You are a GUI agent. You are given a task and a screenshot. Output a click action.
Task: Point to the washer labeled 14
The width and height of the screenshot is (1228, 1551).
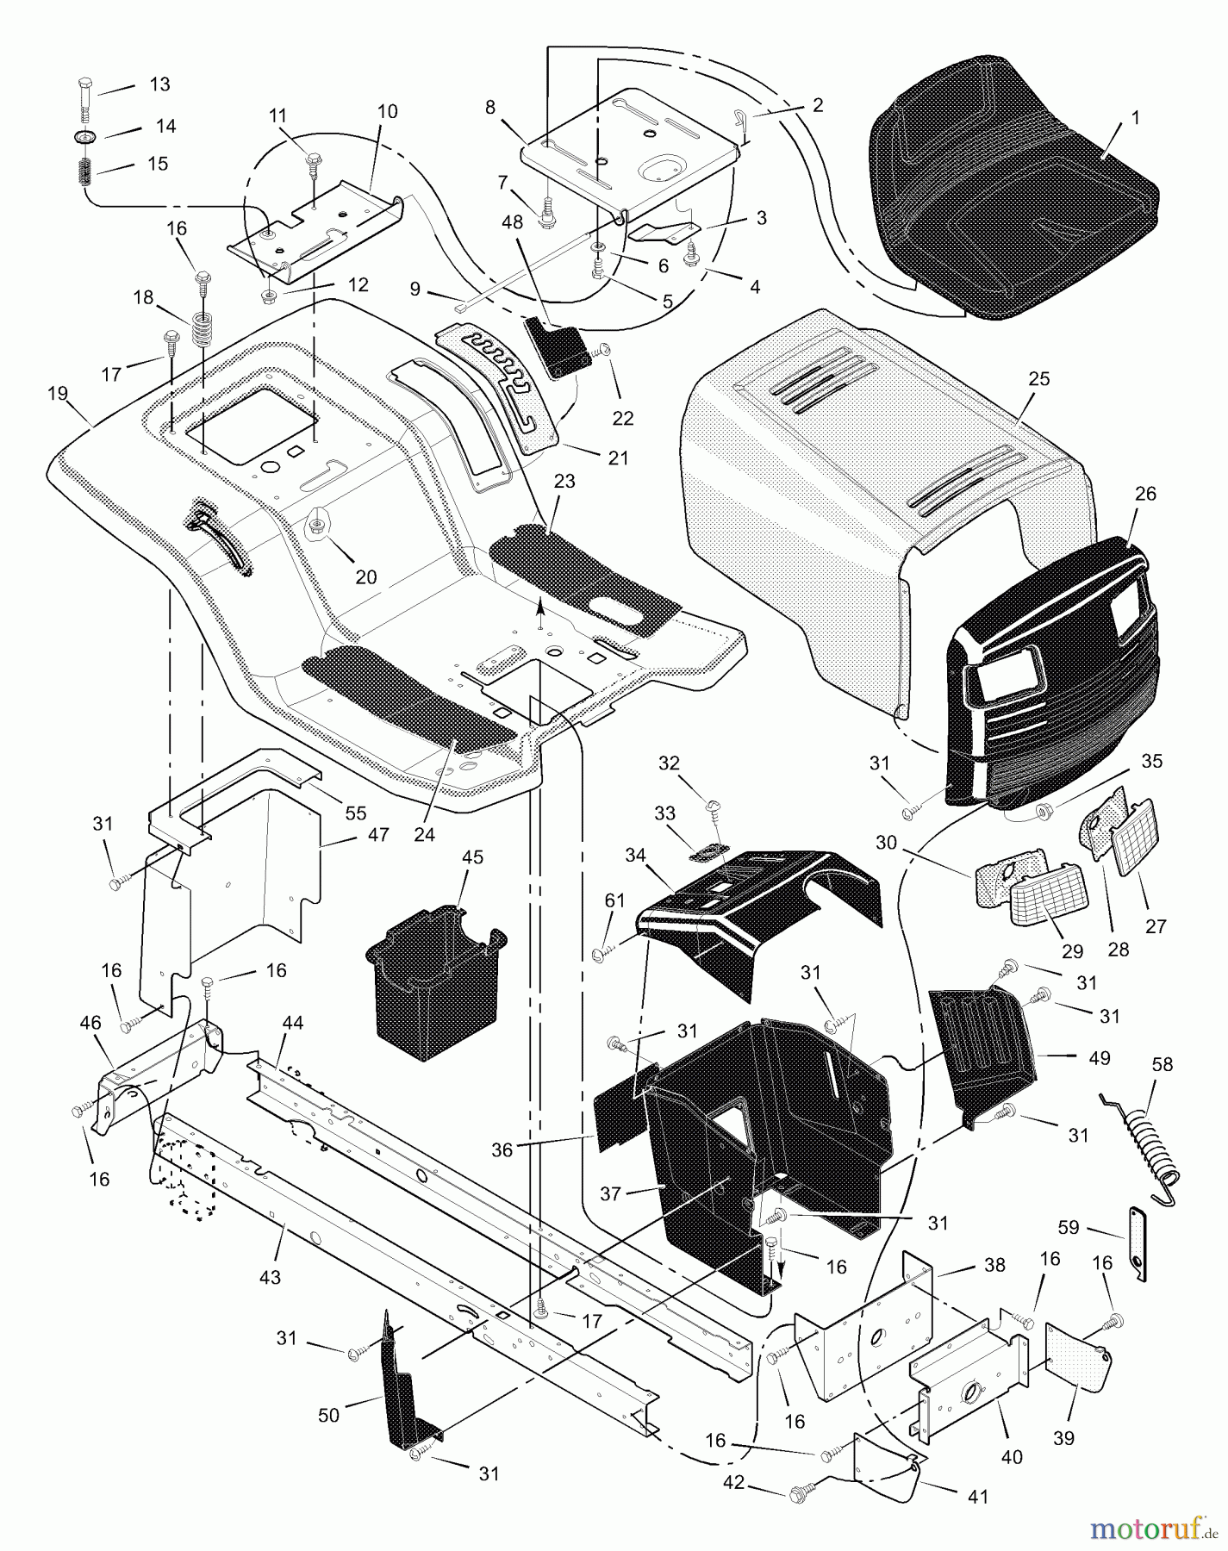[x=85, y=136]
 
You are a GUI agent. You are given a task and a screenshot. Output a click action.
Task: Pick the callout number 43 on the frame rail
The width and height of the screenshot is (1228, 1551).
[x=270, y=1278]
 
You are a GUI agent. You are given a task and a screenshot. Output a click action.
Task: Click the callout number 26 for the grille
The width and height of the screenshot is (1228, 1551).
[x=1145, y=495]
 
